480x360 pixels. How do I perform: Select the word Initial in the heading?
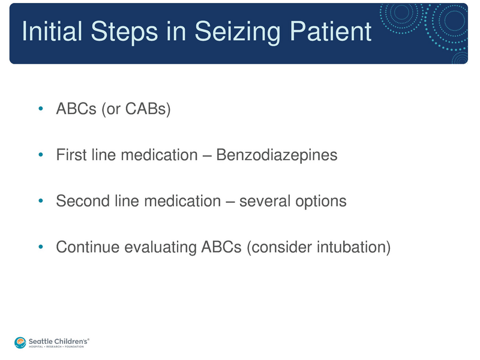(50, 32)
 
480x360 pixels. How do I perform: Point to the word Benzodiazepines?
(277, 155)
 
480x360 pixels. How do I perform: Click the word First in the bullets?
(70, 155)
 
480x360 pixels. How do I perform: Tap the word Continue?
(85, 247)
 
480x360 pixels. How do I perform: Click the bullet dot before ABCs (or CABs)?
(40, 110)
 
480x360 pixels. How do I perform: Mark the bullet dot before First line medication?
(40, 155)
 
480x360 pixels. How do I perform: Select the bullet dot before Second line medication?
(40, 201)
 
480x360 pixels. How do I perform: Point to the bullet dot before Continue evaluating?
(40, 247)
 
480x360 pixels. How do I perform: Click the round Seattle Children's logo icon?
(20, 341)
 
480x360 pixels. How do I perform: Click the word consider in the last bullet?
(278, 247)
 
